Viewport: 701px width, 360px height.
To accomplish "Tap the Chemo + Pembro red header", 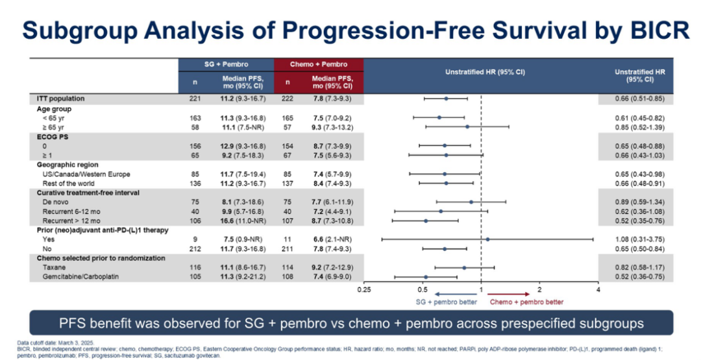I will point(319,64).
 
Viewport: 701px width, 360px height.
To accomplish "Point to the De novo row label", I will point(56,202).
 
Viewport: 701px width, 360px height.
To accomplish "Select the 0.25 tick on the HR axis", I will point(364,290).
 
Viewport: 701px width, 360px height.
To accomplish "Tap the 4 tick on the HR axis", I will point(598,290).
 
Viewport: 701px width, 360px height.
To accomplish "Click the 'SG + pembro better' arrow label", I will point(446,302).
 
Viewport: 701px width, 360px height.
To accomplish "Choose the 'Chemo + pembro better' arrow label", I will point(526,302).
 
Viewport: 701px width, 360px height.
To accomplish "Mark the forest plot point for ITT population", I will point(446,99).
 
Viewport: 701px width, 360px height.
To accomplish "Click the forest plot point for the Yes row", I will point(487,239).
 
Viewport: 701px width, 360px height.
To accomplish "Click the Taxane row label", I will point(54,267).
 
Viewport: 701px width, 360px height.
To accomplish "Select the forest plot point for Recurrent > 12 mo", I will point(426,221).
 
